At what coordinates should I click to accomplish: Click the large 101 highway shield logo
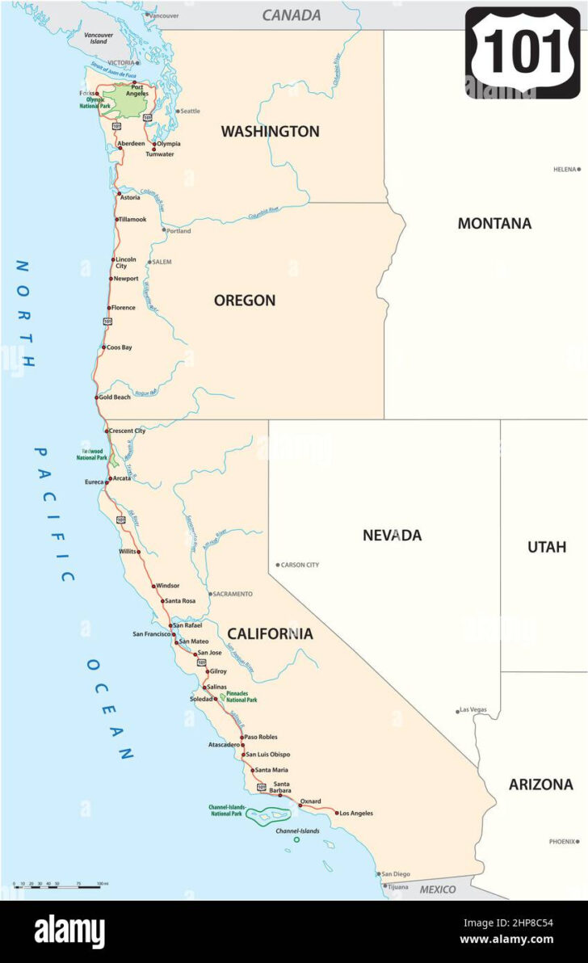(523, 53)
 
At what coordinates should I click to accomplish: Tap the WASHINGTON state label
(270, 132)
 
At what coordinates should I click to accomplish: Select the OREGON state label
(244, 301)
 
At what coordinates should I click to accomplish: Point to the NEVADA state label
(392, 535)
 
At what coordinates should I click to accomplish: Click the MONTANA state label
(494, 224)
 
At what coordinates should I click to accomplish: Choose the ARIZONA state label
(540, 784)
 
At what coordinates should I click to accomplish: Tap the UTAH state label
(547, 547)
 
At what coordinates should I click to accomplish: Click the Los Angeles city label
(356, 813)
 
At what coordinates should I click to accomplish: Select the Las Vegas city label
(473, 710)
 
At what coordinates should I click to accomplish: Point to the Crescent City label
(127, 431)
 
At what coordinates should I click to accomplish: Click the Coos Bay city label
(119, 347)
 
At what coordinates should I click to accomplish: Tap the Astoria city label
(129, 197)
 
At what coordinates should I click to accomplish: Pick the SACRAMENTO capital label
(233, 594)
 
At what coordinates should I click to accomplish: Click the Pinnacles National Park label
(241, 697)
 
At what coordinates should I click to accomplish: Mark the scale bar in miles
(57, 886)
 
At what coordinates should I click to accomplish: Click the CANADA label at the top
(292, 15)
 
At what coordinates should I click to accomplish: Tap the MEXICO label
(437, 889)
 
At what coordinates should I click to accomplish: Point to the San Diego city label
(396, 873)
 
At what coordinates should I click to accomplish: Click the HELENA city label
(565, 170)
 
